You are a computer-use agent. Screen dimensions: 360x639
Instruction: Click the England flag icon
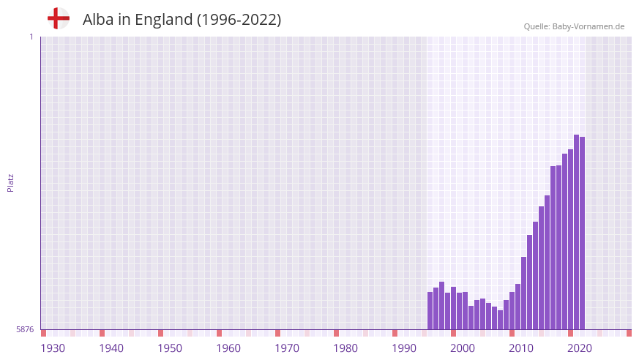[x=59, y=18]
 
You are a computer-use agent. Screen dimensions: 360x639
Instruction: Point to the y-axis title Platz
[x=10, y=182]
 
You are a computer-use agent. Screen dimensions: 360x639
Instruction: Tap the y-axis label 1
[x=31, y=37]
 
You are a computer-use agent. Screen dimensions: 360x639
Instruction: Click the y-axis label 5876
[x=25, y=330]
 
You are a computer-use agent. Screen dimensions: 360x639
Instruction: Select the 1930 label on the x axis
[x=53, y=348]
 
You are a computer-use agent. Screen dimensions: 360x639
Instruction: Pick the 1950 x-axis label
[x=170, y=348]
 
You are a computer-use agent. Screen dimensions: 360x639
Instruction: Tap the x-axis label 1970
[x=287, y=348]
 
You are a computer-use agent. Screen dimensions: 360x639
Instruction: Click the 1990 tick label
[x=404, y=348]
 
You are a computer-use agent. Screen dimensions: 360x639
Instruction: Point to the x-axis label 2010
[x=521, y=348]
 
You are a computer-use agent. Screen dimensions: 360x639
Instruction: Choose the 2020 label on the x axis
[x=580, y=348]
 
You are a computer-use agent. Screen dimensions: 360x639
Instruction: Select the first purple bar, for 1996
[x=430, y=311]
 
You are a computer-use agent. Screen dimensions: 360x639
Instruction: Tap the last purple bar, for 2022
[x=583, y=233]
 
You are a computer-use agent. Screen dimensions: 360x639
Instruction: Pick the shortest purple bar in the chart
[x=501, y=320]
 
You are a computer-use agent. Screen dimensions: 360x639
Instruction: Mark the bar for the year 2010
[x=512, y=311]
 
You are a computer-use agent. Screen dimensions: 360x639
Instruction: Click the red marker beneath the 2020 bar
[x=571, y=333]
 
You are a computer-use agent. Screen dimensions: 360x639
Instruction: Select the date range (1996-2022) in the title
[x=239, y=20]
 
